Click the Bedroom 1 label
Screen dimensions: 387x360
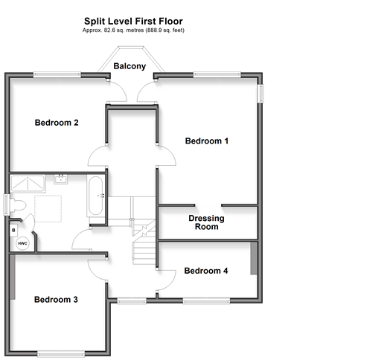(x=207, y=141)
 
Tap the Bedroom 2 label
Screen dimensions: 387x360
(x=57, y=123)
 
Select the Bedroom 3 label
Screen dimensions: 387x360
(x=56, y=300)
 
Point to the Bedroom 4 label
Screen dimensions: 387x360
(x=206, y=271)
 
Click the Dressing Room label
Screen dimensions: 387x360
(x=206, y=222)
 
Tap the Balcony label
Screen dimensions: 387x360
(x=129, y=66)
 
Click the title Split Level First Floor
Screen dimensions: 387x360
(x=133, y=21)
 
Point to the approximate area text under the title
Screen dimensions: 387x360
(x=133, y=30)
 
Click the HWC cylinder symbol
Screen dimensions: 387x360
(x=22, y=243)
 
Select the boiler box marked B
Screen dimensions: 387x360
(x=13, y=231)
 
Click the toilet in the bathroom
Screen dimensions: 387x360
(x=17, y=206)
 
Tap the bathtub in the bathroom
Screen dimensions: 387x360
(x=95, y=196)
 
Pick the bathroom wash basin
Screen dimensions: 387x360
(x=61, y=179)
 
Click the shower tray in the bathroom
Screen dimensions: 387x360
(x=28, y=184)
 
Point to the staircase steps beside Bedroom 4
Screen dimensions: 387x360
(x=144, y=253)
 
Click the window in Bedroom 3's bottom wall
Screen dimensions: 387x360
(x=61, y=354)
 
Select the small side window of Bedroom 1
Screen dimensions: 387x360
(x=261, y=94)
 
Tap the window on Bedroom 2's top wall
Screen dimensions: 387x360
(x=57, y=74)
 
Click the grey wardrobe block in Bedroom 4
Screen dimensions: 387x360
(x=254, y=258)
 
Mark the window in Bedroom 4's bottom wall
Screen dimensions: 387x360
(x=206, y=301)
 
